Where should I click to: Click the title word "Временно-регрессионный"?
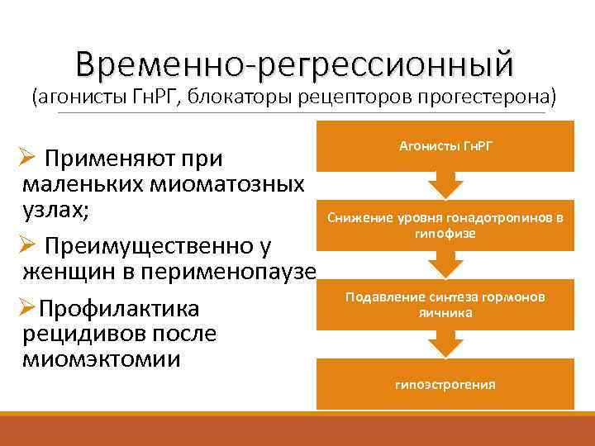click(293, 63)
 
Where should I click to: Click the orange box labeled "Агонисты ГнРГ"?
click(445, 146)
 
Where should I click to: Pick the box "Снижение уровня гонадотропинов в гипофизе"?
click(445, 225)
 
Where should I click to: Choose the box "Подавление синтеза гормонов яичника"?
click(445, 305)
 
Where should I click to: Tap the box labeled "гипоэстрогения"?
click(445, 384)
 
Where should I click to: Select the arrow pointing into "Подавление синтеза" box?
click(445, 263)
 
